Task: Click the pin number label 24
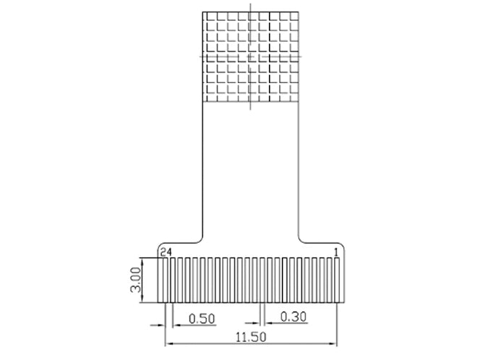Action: coord(166,252)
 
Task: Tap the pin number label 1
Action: coord(336,252)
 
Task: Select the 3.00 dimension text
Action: coord(136,280)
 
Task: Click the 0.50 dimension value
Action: coord(202,319)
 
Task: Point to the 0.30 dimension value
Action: coord(293,317)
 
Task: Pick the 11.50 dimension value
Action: coord(251,338)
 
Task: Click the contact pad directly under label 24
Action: coord(165,280)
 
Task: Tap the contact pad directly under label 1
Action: coord(337,280)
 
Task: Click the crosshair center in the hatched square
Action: coord(250,57)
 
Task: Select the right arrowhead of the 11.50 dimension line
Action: coord(334,343)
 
